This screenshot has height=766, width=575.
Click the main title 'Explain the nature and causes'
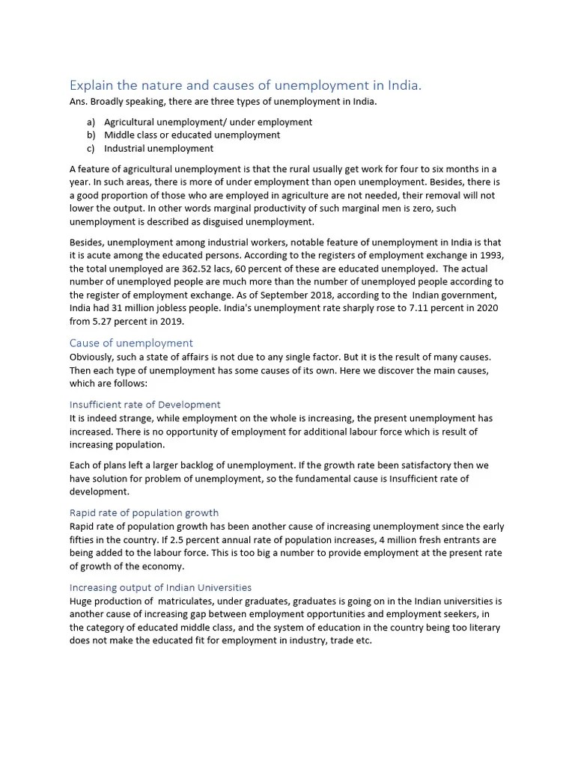click(x=246, y=86)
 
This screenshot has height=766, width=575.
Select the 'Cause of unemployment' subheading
click(x=131, y=343)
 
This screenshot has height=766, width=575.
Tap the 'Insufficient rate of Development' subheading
click(x=144, y=405)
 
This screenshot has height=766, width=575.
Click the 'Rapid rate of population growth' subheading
click(x=144, y=512)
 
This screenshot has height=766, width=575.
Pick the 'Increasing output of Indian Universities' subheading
click(x=160, y=587)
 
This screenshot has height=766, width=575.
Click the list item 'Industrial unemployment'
click(x=159, y=149)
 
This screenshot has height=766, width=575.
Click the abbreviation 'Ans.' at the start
click(x=79, y=102)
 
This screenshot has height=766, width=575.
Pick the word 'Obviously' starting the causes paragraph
click(x=93, y=358)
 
